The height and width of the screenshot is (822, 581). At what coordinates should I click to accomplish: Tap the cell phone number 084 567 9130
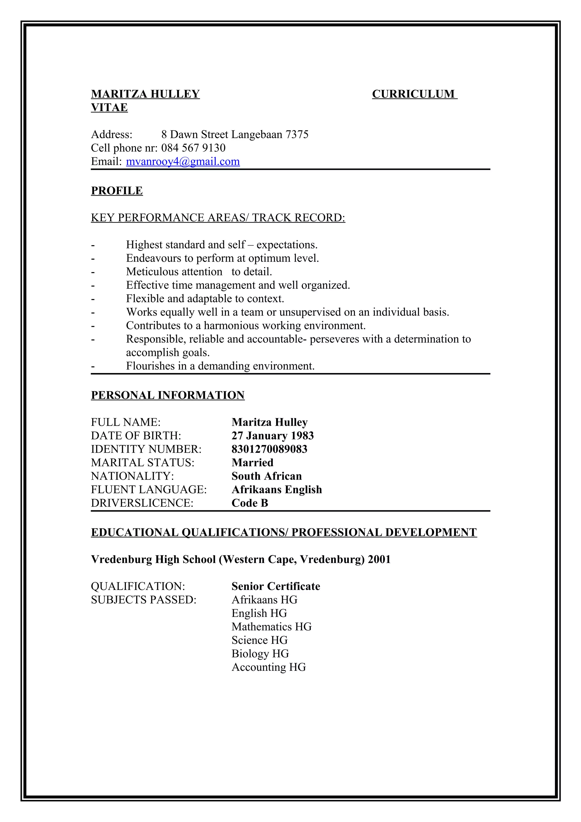[x=193, y=148]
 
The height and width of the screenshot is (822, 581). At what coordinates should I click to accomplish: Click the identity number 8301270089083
[x=269, y=449]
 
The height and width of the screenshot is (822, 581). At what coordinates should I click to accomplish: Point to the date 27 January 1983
[x=272, y=436]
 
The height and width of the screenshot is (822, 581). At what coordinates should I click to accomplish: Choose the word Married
[x=252, y=463]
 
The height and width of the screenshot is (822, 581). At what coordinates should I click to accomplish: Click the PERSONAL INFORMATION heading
[x=168, y=395]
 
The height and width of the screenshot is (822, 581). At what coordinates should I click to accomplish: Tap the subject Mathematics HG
[x=271, y=627]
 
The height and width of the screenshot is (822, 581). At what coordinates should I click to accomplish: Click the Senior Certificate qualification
[x=276, y=586]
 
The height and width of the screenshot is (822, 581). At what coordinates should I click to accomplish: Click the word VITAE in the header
[x=109, y=108]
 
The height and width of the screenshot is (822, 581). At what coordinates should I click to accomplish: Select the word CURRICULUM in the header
[x=413, y=94]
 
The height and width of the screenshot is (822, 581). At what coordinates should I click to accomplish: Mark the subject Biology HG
[x=260, y=654]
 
